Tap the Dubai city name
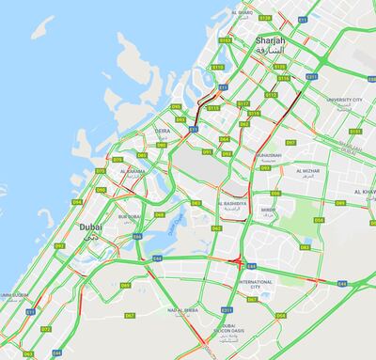[90, 227]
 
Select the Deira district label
[162, 133]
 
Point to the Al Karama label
[133, 172]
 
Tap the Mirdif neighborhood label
[269, 210]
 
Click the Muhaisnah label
[268, 155]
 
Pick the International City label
[256, 284]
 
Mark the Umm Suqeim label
[16, 294]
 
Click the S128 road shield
[265, 18]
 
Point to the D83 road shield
[305, 247]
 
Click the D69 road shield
[125, 285]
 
